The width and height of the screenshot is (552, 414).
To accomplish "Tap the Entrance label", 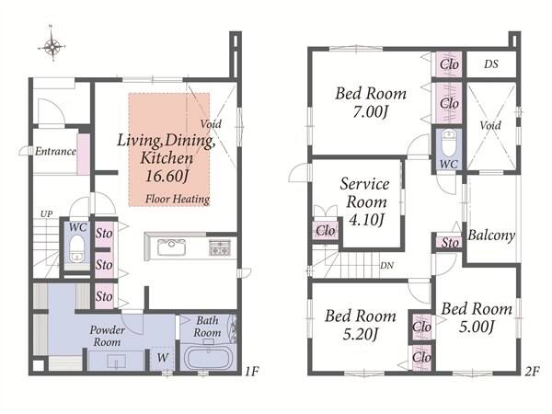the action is click(x=55, y=152).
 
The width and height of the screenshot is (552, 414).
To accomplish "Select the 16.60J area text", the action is click(x=167, y=176).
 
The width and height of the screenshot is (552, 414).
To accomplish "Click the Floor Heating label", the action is click(x=178, y=199).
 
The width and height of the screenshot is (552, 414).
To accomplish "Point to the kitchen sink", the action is click(x=171, y=247).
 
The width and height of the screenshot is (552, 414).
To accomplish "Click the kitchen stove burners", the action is click(x=220, y=247).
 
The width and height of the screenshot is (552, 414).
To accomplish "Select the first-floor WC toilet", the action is click(x=76, y=248).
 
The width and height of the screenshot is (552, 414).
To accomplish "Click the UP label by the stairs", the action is click(x=47, y=213).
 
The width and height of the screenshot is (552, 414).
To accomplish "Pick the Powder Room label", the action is click(x=107, y=336).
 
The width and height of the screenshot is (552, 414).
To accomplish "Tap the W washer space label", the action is click(x=162, y=358).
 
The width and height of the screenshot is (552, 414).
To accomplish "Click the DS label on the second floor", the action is click(x=491, y=64).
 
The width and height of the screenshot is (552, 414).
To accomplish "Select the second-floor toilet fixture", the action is click(x=449, y=143).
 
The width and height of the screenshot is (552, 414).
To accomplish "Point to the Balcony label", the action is click(x=491, y=235).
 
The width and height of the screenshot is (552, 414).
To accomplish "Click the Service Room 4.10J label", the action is click(x=365, y=201).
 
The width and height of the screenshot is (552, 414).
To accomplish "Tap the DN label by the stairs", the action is click(x=386, y=266).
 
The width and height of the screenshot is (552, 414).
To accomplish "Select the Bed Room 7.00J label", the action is click(x=371, y=102).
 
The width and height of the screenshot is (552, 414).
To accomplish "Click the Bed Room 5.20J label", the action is click(x=361, y=325).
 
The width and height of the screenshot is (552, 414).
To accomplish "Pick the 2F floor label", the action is click(x=532, y=371).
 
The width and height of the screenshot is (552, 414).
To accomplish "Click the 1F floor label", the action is click(x=252, y=371).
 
